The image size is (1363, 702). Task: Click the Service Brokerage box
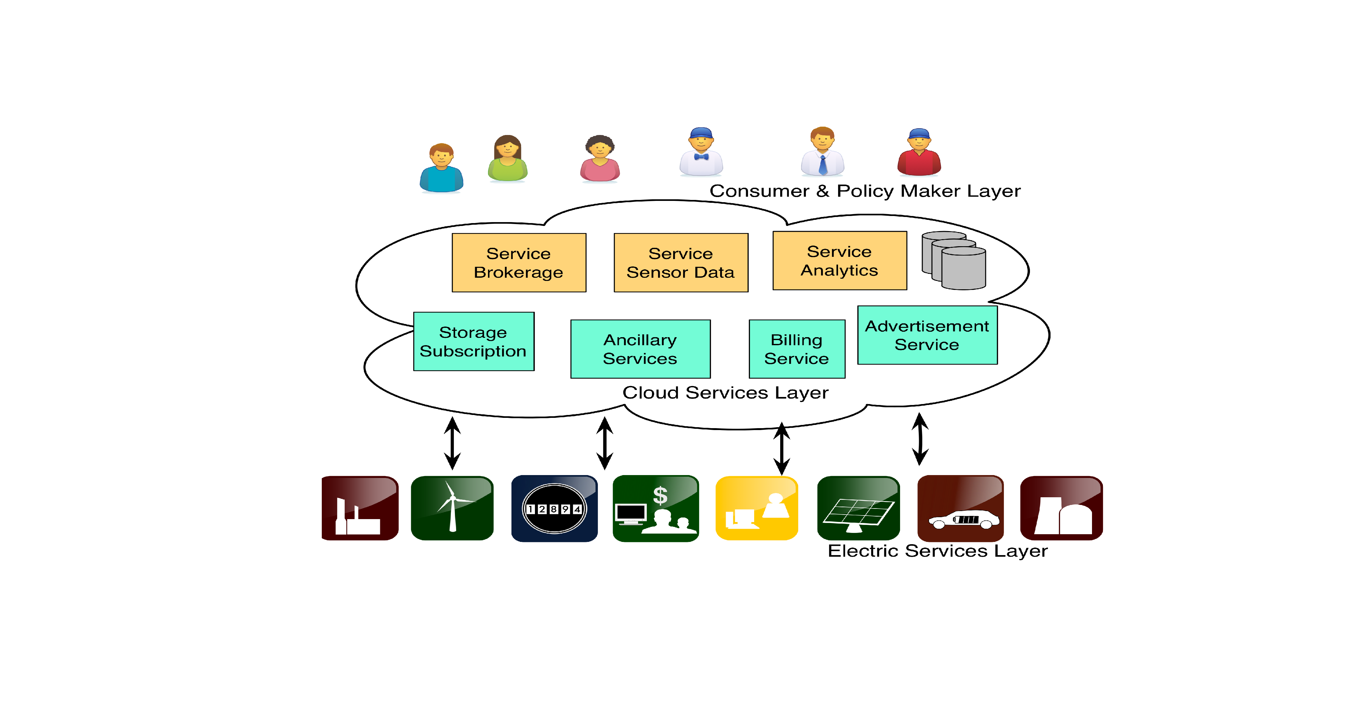pos(519,262)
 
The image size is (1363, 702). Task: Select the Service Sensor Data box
pos(681,262)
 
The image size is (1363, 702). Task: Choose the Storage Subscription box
pos(474,341)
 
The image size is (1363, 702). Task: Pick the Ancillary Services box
pos(640,349)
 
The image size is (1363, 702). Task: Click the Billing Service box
pos(797,349)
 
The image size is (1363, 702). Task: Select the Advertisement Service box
pos(927,335)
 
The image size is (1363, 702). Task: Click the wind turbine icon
pos(452,508)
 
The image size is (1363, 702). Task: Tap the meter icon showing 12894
pos(554,508)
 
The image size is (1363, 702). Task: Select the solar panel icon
pos(858,508)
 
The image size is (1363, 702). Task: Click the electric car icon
pos(960,508)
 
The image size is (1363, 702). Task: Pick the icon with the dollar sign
pos(655,508)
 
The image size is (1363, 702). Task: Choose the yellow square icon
pos(757,508)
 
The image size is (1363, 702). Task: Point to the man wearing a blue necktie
pos(822,151)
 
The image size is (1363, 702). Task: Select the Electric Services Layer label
pos(938,551)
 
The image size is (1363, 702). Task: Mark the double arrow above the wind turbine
pos(452,443)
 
